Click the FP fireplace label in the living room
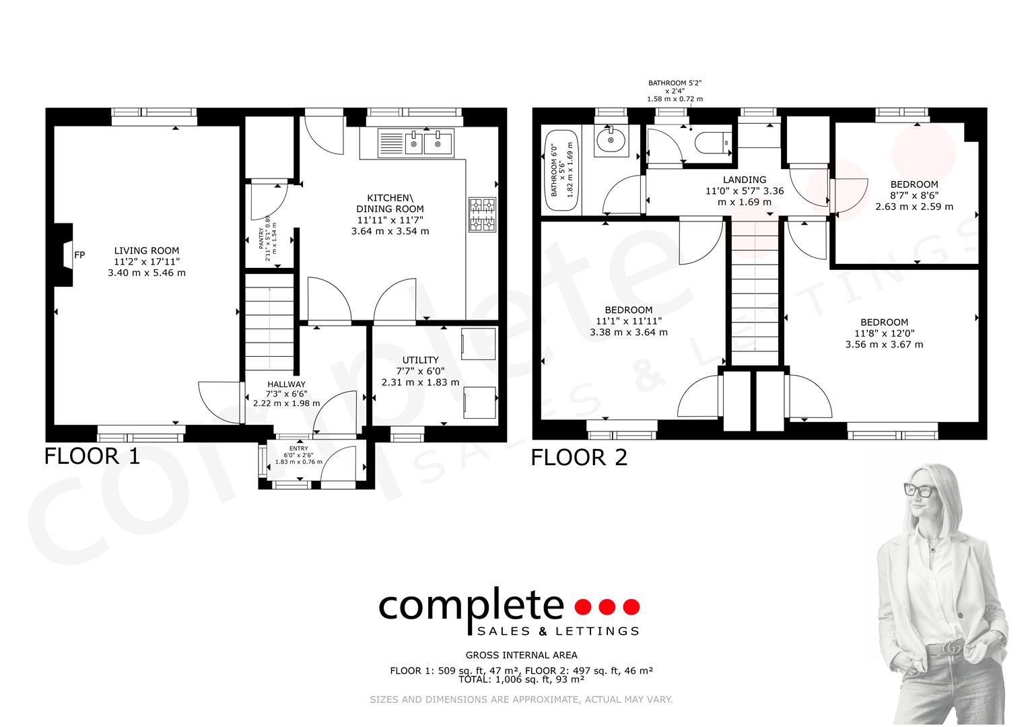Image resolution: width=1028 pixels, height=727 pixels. tap(79, 255)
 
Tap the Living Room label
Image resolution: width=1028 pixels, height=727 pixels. tap(146, 250)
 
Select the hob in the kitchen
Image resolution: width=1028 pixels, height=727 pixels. tap(481, 215)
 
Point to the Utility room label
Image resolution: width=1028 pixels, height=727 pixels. tap(420, 360)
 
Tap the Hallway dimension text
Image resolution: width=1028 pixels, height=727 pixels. tap(286, 399)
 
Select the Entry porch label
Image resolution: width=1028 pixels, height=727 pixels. tap(298, 448)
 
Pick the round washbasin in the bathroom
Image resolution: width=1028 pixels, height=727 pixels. tap(611, 141)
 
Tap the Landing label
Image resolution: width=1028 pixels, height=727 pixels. tap(744, 180)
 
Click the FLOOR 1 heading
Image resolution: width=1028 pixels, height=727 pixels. tap(92, 456)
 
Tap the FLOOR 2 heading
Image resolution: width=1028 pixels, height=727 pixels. tap(579, 458)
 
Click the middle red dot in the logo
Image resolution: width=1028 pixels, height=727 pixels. tap(607, 607)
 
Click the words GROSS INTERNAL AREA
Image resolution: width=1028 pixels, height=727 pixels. tap(521, 655)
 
